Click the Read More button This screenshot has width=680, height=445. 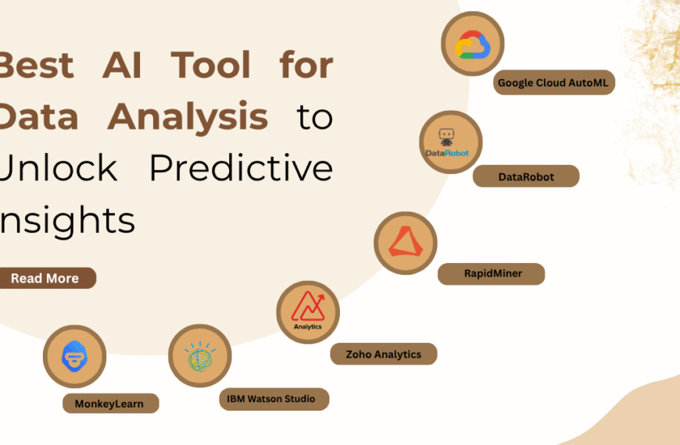(x=45, y=278)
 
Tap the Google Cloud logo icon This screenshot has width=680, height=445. (x=472, y=44)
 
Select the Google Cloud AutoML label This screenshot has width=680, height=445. (x=554, y=83)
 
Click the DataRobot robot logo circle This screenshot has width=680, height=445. (x=450, y=142)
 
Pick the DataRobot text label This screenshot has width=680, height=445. (x=526, y=176)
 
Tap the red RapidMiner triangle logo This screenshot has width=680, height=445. (x=405, y=243)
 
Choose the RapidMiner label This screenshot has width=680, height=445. (x=491, y=273)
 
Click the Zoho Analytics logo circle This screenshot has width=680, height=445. (x=308, y=312)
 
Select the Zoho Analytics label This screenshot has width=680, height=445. (x=383, y=354)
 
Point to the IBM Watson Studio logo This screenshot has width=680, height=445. (x=200, y=356)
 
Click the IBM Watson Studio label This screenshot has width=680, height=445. (x=271, y=399)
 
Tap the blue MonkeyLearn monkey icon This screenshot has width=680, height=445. (x=74, y=357)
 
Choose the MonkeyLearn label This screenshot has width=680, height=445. (x=110, y=404)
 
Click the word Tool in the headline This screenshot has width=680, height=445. (x=211, y=65)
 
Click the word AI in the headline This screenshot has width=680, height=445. (x=122, y=65)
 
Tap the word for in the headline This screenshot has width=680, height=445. (x=306, y=65)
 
